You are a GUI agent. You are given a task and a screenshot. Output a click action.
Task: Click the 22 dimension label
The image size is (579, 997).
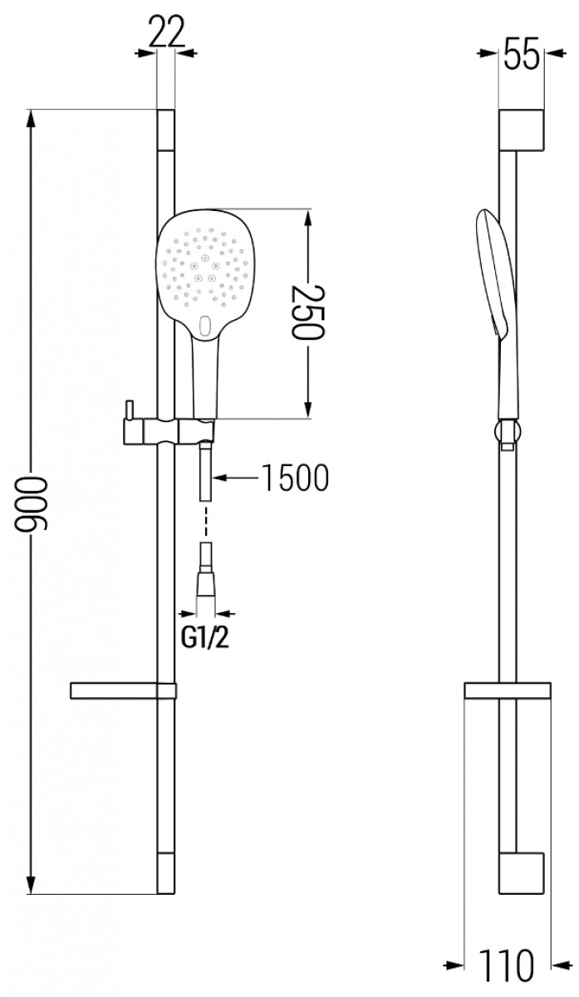point(166,32)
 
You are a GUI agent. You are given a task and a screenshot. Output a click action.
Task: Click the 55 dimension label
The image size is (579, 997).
point(522,54)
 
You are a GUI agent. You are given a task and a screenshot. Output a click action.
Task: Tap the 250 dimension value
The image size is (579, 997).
point(308,312)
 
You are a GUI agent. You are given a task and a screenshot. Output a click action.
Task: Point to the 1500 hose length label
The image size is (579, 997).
point(296,478)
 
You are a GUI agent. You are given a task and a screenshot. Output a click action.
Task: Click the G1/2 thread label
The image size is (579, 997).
point(204,639)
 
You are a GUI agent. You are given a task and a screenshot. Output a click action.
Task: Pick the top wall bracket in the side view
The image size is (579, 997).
point(521,130)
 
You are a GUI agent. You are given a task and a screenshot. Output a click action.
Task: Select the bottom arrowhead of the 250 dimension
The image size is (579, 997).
point(308,409)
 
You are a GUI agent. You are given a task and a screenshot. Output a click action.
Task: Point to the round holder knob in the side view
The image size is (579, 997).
point(508,431)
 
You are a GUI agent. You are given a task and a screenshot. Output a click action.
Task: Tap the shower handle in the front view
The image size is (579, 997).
point(206,376)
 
